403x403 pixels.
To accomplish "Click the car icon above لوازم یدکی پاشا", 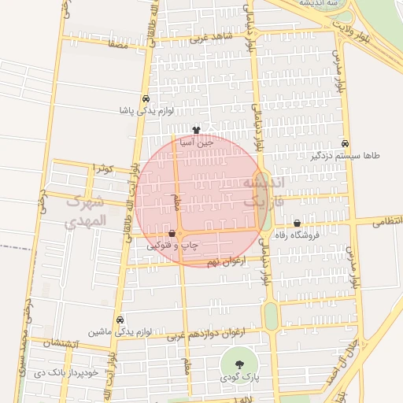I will click(x=146, y=98).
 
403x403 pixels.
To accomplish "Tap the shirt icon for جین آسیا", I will click(x=196, y=130).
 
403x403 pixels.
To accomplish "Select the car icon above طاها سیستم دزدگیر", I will click(x=346, y=143).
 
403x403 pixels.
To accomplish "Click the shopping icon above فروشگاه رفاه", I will click(x=297, y=223).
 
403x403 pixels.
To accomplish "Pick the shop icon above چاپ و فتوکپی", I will click(x=172, y=233).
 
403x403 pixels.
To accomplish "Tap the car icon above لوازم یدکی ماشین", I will click(x=119, y=320).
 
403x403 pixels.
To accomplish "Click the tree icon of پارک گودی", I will click(x=238, y=364).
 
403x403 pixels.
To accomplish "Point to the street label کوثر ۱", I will click(x=104, y=168).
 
